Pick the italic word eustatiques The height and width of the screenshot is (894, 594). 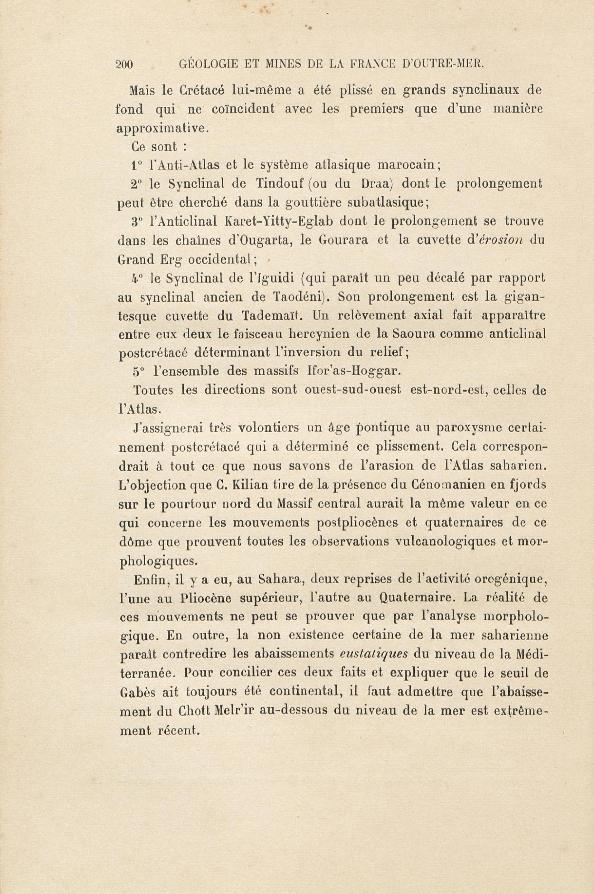pos(374,654)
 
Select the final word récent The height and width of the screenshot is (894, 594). pos(177,730)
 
